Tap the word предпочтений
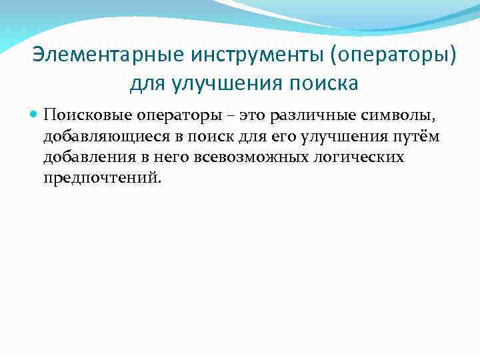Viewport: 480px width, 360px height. coord(102,179)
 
